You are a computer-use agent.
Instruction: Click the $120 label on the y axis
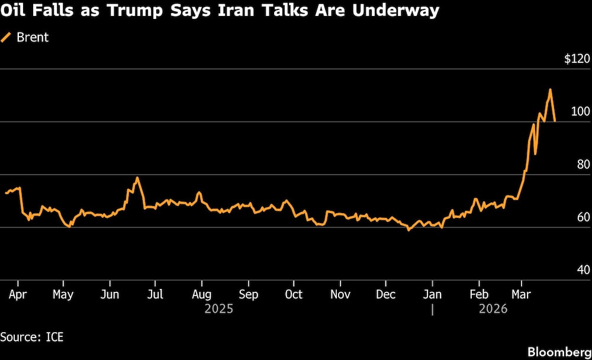coord(577,59)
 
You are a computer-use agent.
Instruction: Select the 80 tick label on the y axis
coord(583,165)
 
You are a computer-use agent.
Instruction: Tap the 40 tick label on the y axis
coord(583,270)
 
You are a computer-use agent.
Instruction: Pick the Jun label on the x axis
coord(110,294)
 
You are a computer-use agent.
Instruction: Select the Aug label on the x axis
coord(202,294)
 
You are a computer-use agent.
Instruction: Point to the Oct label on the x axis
coord(294,294)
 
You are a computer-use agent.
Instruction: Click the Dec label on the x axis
coord(386,294)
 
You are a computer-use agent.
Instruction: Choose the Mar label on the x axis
coord(521,294)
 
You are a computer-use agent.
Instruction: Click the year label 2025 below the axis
coord(218,309)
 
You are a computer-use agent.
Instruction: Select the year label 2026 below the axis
coord(493,309)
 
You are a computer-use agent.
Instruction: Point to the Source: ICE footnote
coord(32,337)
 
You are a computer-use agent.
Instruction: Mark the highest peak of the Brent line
coord(550,90)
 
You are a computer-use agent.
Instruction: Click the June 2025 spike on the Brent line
coord(137,178)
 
